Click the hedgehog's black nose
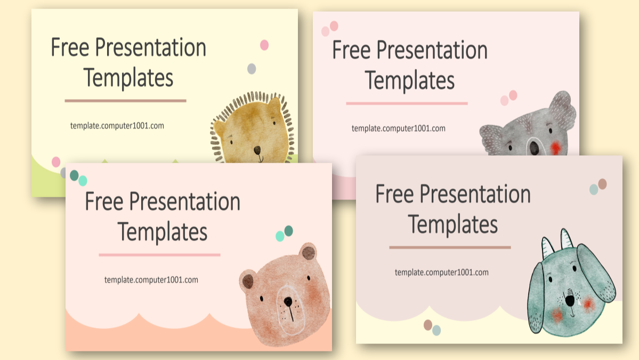257,150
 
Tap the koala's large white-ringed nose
533,147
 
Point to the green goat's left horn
547,246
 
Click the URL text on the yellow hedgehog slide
117,126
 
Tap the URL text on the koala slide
398,128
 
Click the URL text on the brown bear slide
151,279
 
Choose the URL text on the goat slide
441,272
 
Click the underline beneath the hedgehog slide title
125,100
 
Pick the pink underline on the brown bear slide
159,255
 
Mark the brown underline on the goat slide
450,247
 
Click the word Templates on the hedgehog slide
128,78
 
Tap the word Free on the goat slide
394,194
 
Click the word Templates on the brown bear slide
163,232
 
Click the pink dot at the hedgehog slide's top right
264,45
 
